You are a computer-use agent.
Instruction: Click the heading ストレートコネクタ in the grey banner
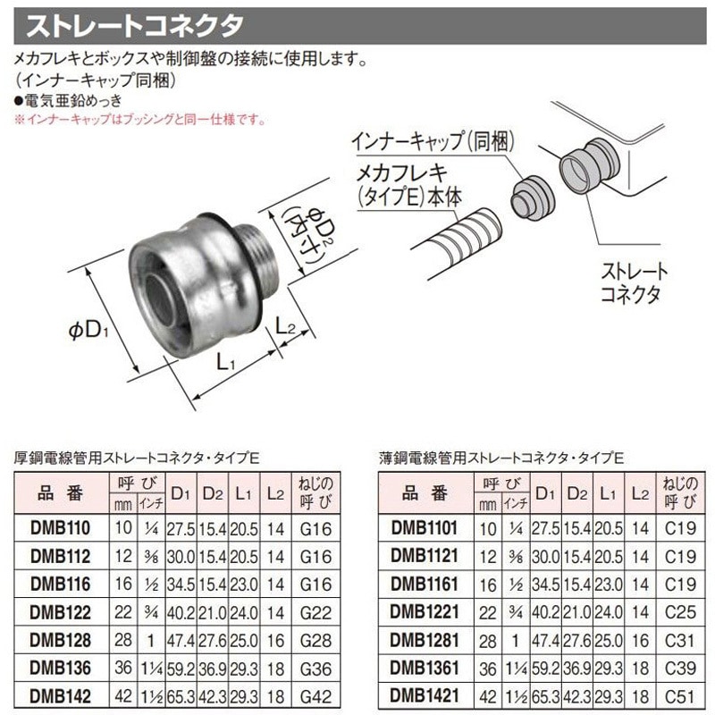coord(134,26)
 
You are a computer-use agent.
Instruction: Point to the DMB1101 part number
coord(425,530)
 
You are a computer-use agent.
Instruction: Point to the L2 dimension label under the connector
coord(286,329)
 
